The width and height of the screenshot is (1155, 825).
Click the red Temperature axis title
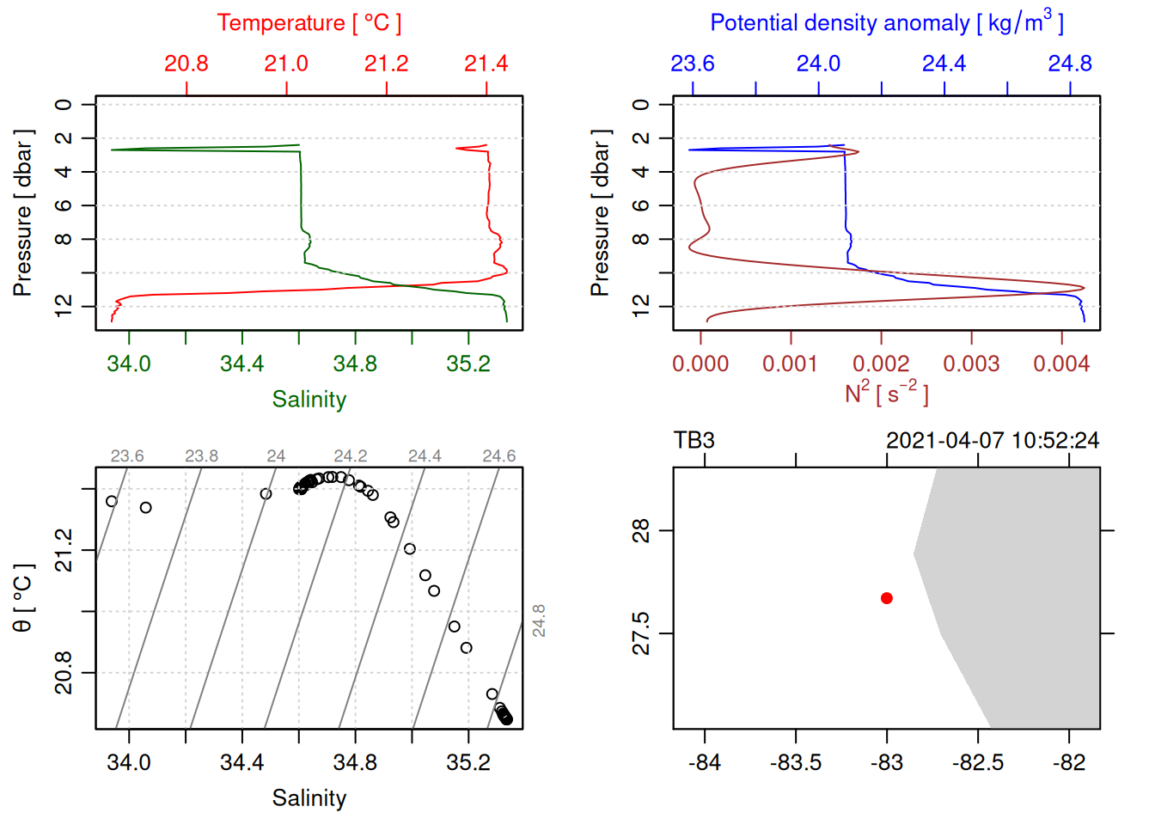pyautogui.click(x=309, y=23)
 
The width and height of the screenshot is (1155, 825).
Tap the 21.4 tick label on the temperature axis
pyautogui.click(x=486, y=64)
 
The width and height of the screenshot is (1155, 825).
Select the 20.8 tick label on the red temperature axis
pyautogui.click(x=186, y=64)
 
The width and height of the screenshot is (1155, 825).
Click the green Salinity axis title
pyautogui.click(x=309, y=400)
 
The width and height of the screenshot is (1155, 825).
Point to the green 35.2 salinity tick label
pyautogui.click(x=468, y=364)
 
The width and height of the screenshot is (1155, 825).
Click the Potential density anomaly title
pyautogui.click(x=886, y=23)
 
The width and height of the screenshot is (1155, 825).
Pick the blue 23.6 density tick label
pyautogui.click(x=693, y=64)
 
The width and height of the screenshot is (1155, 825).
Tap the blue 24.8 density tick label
pyautogui.click(x=1070, y=64)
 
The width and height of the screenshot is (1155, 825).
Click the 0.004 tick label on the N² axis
pyautogui.click(x=1061, y=364)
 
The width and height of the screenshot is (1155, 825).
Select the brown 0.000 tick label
pyautogui.click(x=700, y=364)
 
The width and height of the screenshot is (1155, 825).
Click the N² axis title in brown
pyautogui.click(x=886, y=393)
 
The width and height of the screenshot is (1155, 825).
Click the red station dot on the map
pyautogui.click(x=887, y=598)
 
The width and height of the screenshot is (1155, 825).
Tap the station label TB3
pyautogui.click(x=694, y=441)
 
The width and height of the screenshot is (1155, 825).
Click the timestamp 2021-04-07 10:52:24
pyautogui.click(x=993, y=441)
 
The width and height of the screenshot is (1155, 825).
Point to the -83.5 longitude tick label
pyautogui.click(x=796, y=762)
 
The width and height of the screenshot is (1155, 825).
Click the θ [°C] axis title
pyautogui.click(x=23, y=598)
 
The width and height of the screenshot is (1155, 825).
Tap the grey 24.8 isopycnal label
pyautogui.click(x=539, y=620)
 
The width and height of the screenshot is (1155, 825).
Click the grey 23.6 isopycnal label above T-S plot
pyautogui.click(x=127, y=456)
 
